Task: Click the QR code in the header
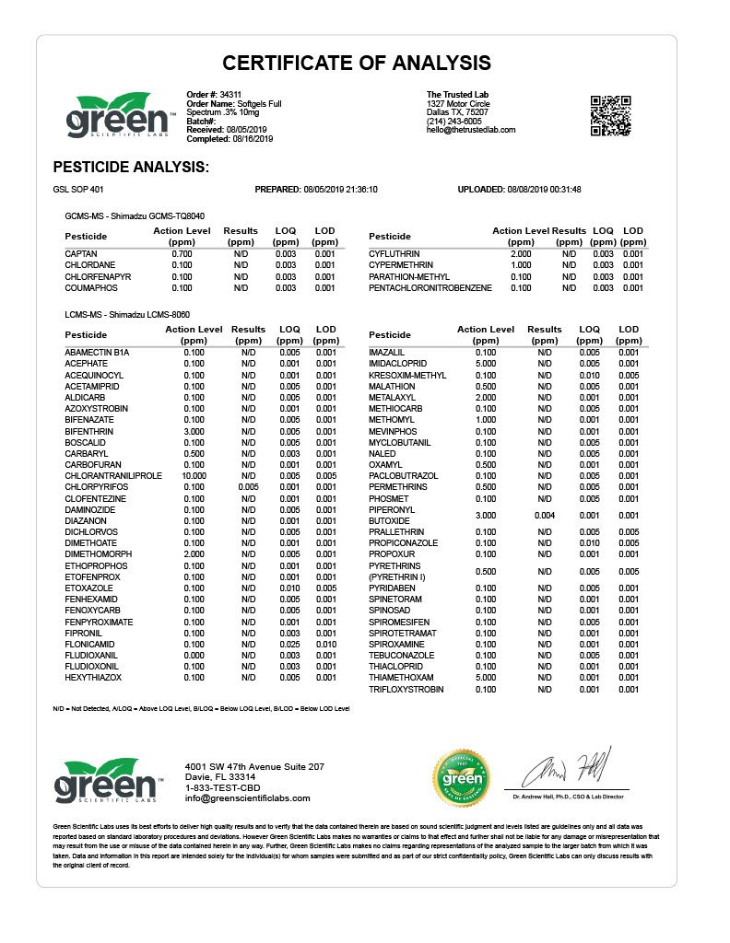pos(610,115)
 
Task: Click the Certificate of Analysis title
pos(357,63)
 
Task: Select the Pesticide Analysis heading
pos(131,168)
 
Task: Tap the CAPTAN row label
pos(81,253)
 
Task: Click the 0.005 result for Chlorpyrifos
pos(248,486)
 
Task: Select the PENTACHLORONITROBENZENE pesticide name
pos(430,288)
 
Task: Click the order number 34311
pos(230,95)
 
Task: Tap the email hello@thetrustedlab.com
pos(470,130)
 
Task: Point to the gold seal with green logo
pos(466,782)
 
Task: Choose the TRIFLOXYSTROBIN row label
pos(406,689)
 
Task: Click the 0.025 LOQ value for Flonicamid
pos(288,644)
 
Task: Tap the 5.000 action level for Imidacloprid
pos(485,364)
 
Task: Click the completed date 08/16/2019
pos(253,138)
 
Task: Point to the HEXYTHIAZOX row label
pos(93,678)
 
